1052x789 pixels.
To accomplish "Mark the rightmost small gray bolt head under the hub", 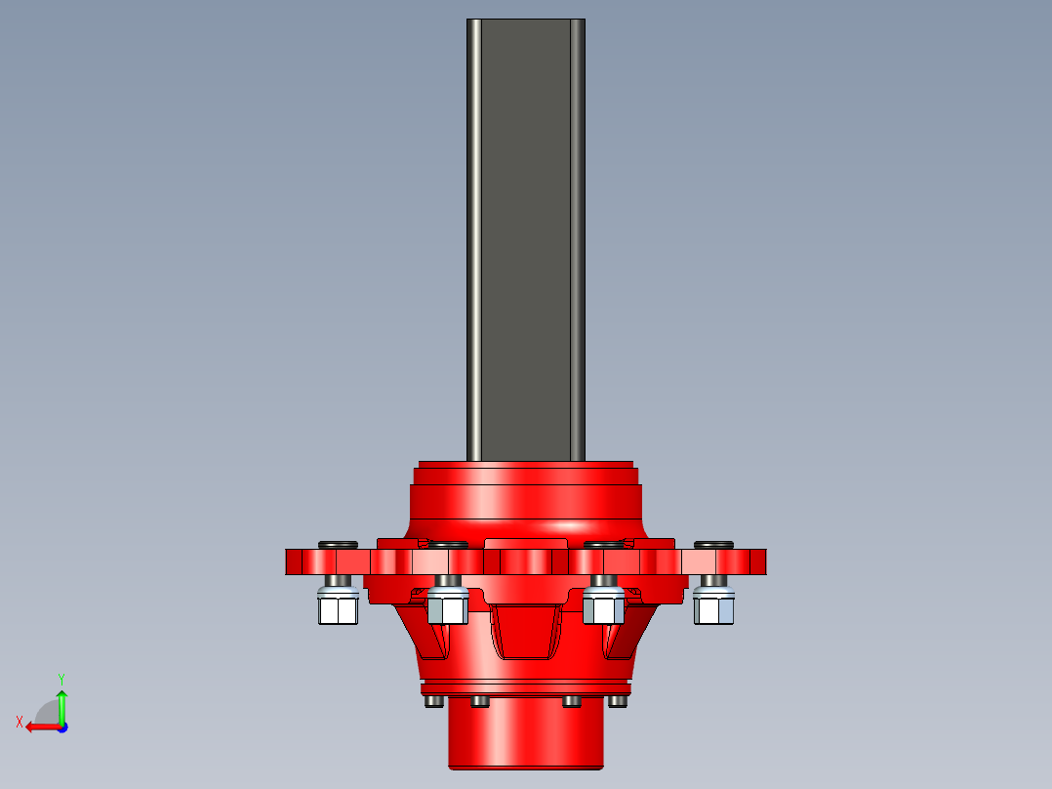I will [x=617, y=701].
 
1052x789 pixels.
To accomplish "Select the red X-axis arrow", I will [x=39, y=727].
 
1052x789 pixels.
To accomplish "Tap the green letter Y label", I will [x=61, y=678].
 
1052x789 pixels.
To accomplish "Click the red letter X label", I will [x=20, y=722].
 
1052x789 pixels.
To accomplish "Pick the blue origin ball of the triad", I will [x=61, y=727].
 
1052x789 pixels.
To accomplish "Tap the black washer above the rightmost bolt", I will [x=713, y=544].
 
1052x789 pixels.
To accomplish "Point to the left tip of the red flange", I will [x=289, y=561].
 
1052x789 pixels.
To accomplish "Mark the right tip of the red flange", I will [x=763, y=561].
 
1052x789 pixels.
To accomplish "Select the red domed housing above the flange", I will [x=526, y=503].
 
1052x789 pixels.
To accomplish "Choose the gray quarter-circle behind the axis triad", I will [x=47, y=713].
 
